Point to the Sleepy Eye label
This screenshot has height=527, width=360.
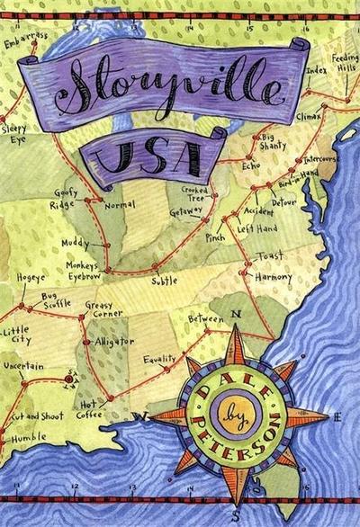(15, 134)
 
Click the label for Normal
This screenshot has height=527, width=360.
(120, 205)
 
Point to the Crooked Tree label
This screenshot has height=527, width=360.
(194, 195)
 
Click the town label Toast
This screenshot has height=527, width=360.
(270, 256)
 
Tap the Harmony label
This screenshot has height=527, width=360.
(273, 277)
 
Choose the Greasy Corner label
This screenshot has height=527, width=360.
(98, 311)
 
